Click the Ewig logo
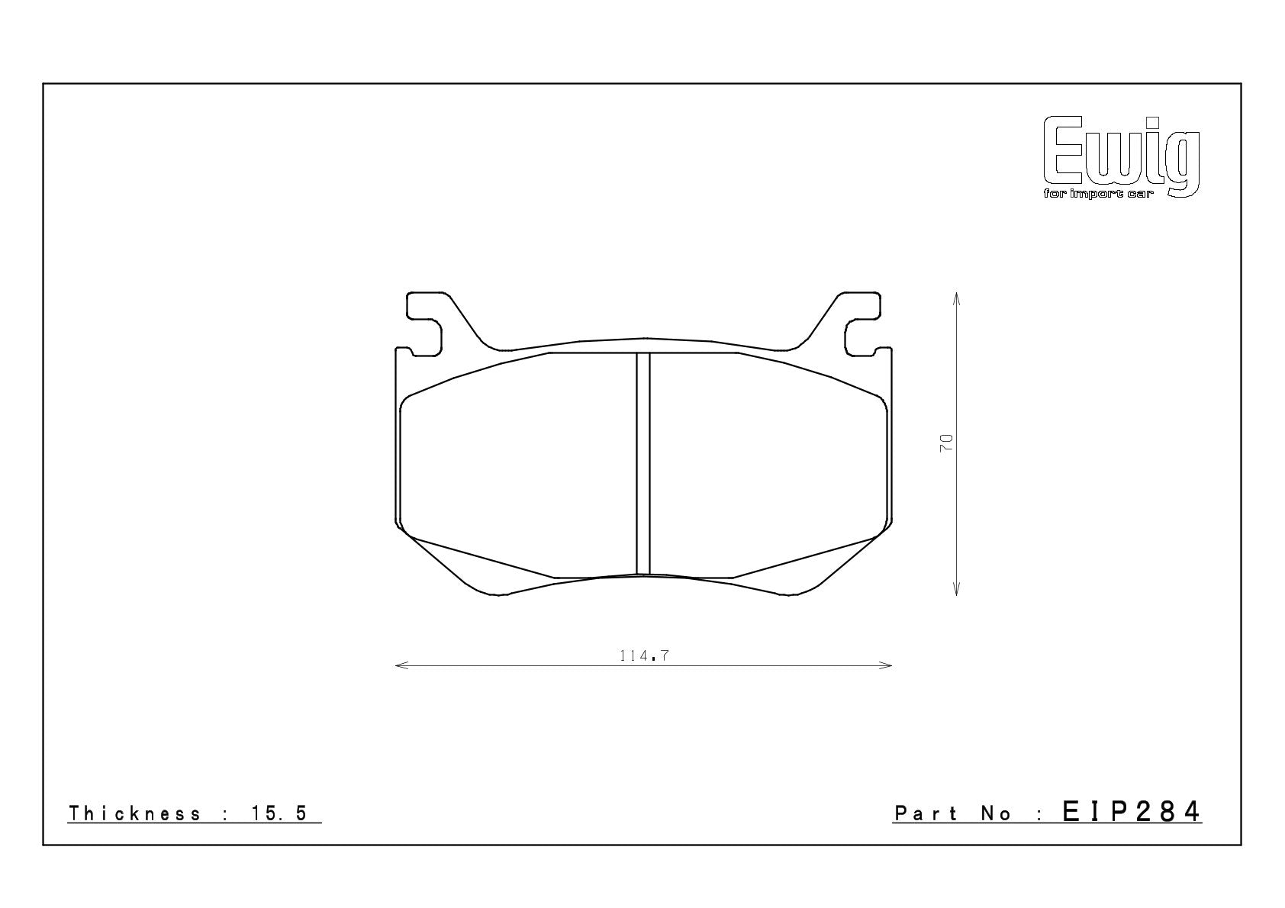1122,156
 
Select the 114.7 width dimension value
644,655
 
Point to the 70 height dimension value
945,443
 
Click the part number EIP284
1132,812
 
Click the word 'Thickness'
134,813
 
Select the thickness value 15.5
279,813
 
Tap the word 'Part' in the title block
926,813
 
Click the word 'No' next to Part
996,813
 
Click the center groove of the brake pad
643,463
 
